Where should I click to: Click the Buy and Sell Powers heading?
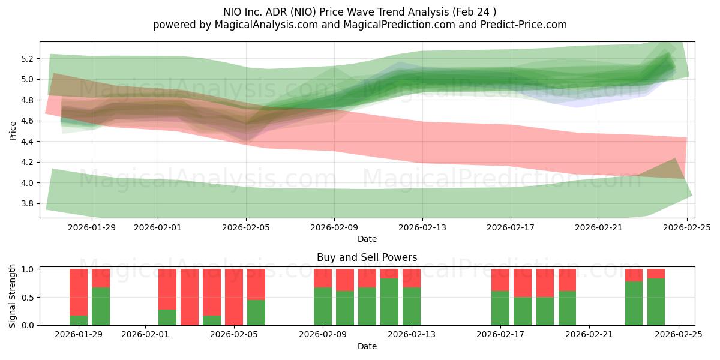click(367, 257)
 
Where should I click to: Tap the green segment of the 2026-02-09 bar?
click(323, 306)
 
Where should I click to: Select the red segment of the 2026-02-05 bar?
click(234, 296)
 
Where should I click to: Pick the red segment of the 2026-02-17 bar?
click(500, 280)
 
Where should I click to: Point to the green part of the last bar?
click(656, 302)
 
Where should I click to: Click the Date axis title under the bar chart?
click(367, 346)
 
